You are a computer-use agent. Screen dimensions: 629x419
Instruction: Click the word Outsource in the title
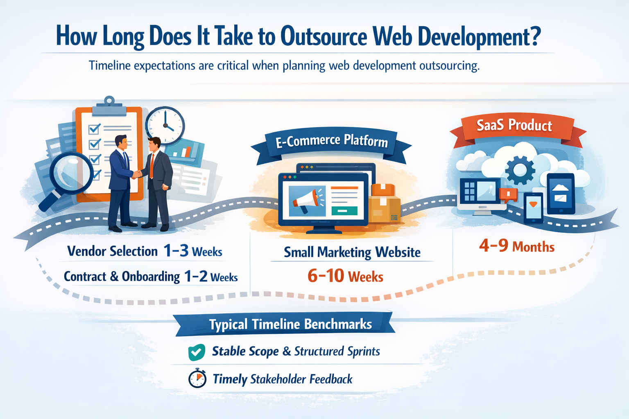click(324, 36)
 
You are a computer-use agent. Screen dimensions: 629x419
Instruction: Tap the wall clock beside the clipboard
click(165, 126)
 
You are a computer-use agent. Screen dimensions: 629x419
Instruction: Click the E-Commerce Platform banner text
click(332, 141)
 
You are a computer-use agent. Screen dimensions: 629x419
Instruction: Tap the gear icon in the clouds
click(520, 170)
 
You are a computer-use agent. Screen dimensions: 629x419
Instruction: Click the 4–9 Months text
click(517, 246)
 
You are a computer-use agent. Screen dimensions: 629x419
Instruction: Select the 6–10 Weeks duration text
click(345, 276)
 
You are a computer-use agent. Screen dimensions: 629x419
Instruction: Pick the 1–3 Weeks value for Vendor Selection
click(193, 251)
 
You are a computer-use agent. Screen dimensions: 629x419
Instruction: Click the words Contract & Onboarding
click(122, 277)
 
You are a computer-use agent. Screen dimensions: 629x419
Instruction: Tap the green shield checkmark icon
click(196, 352)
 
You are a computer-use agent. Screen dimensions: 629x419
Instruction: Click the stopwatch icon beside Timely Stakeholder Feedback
click(197, 378)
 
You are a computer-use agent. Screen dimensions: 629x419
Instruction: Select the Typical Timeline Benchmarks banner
click(284, 324)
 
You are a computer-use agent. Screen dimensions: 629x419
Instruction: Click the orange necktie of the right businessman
click(152, 166)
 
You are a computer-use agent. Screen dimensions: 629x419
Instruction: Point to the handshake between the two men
click(137, 174)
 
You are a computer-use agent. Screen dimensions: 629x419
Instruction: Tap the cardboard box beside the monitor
click(384, 203)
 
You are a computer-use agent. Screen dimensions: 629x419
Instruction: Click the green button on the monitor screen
click(344, 210)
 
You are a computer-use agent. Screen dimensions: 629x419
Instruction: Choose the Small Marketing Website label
click(352, 252)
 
